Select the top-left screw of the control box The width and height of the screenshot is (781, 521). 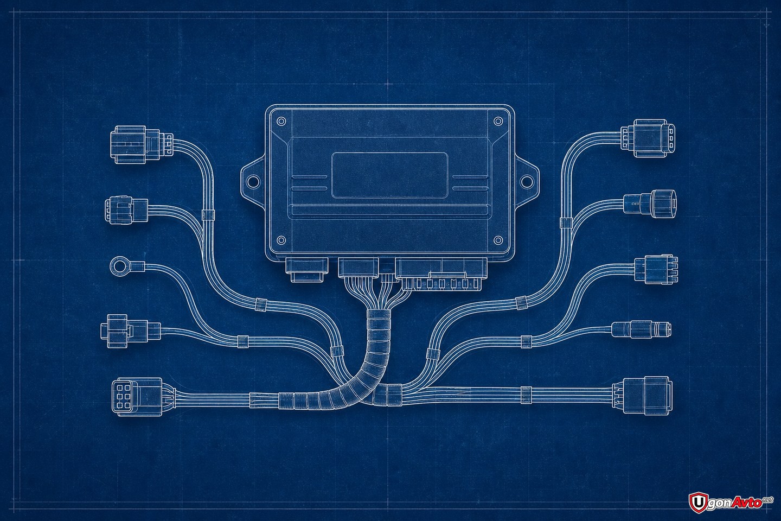pyautogui.click(x=281, y=122)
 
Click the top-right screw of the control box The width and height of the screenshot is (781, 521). pyautogui.click(x=498, y=122)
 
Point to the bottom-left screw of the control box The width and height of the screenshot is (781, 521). pyautogui.click(x=281, y=240)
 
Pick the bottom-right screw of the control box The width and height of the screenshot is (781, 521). pyautogui.click(x=498, y=240)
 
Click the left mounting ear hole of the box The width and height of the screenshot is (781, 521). pyautogui.click(x=252, y=181)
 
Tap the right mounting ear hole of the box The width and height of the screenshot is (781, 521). pyautogui.click(x=527, y=181)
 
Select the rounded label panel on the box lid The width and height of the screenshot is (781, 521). pyautogui.click(x=389, y=175)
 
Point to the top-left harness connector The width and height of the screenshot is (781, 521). pyautogui.click(x=141, y=144)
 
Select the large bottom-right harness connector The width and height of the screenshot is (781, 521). pyautogui.click(x=642, y=396)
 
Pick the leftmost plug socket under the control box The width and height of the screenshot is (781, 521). pyautogui.click(x=307, y=269)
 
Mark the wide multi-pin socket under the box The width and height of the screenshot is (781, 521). pyautogui.click(x=441, y=273)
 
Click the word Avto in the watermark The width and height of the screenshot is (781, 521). pyautogui.click(x=748, y=503)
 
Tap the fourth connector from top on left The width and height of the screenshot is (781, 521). pyautogui.click(x=131, y=328)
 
